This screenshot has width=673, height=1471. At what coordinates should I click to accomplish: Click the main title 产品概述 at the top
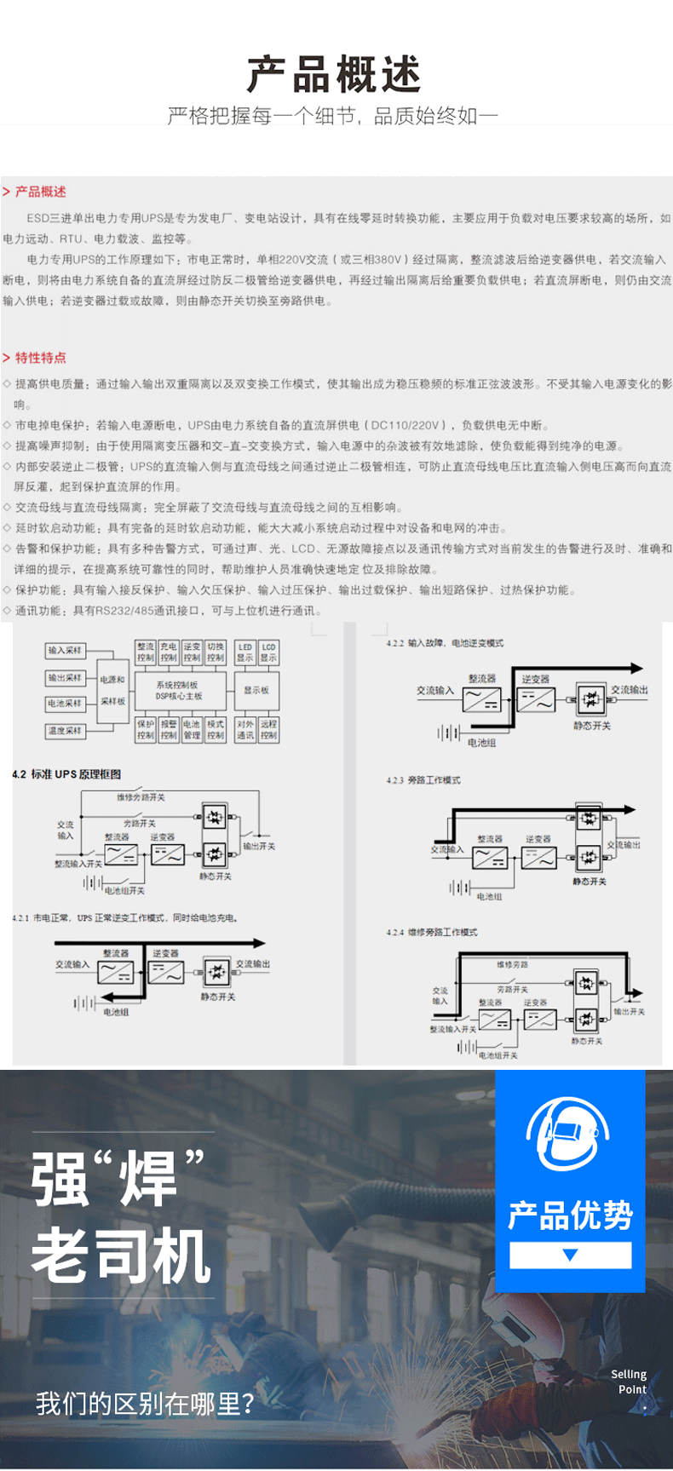[334, 74]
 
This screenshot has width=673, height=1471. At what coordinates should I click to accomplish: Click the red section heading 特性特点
[39, 358]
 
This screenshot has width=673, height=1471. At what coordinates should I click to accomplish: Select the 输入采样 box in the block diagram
[65, 651]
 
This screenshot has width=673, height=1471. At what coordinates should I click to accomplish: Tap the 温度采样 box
[65, 731]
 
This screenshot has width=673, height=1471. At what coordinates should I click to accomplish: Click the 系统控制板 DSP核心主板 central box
[179, 691]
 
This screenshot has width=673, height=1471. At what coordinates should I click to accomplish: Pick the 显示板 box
[256, 691]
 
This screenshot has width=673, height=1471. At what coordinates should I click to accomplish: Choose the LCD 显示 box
[268, 652]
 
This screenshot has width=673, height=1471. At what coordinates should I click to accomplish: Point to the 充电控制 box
[169, 652]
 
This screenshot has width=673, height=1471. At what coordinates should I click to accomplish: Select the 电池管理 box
[192, 730]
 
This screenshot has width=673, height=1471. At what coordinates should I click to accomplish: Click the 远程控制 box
[268, 730]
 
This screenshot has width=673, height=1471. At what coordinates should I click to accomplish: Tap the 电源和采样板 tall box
[112, 691]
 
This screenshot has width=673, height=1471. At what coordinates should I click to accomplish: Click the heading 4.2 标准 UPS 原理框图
[66, 774]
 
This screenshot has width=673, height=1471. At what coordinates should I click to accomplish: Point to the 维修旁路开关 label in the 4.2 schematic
[141, 797]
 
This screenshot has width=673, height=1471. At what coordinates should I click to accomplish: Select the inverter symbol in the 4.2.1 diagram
[166, 972]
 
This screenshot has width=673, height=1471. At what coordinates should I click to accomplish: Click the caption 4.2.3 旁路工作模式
[423, 780]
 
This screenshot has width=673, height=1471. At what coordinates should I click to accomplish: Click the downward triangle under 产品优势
[571, 1255]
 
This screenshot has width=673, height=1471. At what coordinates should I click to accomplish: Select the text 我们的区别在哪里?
[145, 1403]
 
